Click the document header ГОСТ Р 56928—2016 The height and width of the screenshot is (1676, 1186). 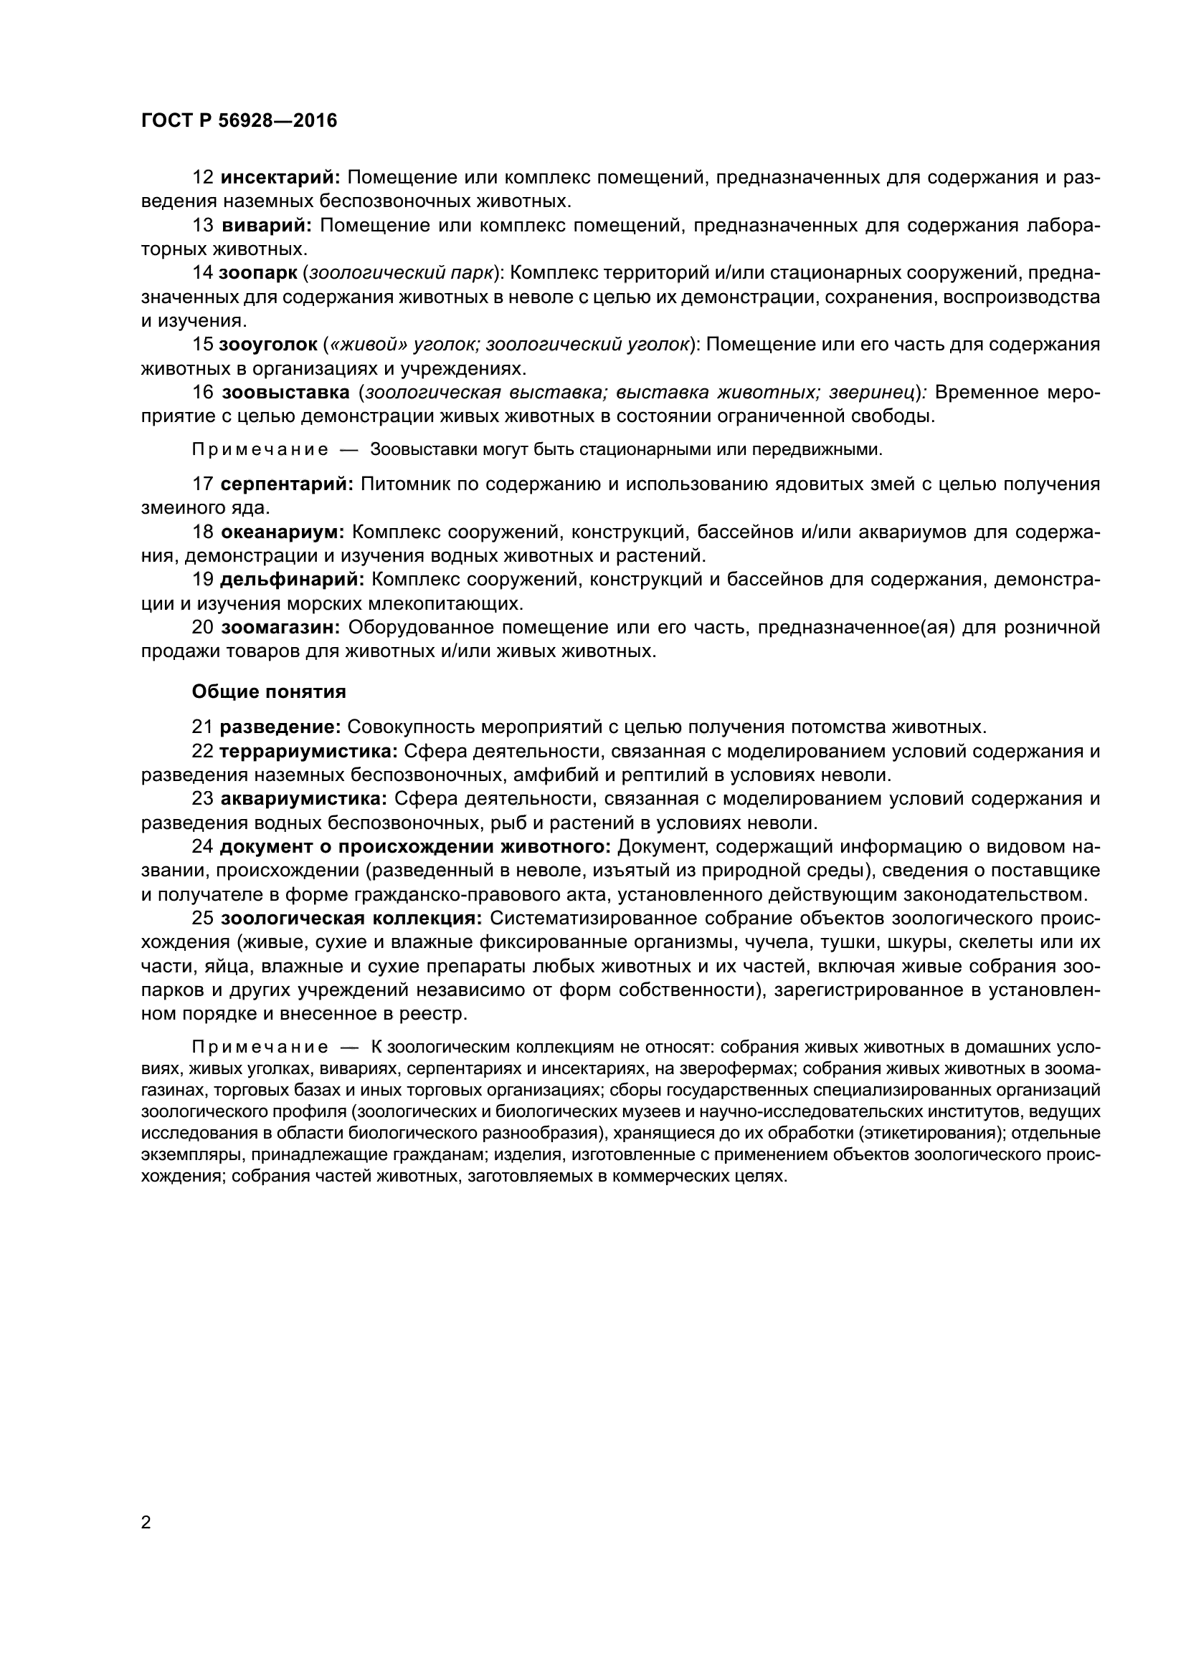(x=239, y=120)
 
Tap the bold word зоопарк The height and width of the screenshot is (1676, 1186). (x=258, y=273)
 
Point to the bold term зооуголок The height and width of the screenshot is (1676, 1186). (x=267, y=345)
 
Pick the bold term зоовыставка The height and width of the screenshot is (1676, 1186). (x=285, y=393)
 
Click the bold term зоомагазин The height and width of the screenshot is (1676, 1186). (x=280, y=627)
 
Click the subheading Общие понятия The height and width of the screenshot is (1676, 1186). (x=268, y=691)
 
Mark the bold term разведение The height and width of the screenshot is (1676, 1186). (x=280, y=727)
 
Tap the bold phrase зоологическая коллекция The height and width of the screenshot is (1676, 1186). (x=351, y=918)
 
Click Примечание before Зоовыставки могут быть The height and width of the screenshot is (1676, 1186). (x=260, y=450)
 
